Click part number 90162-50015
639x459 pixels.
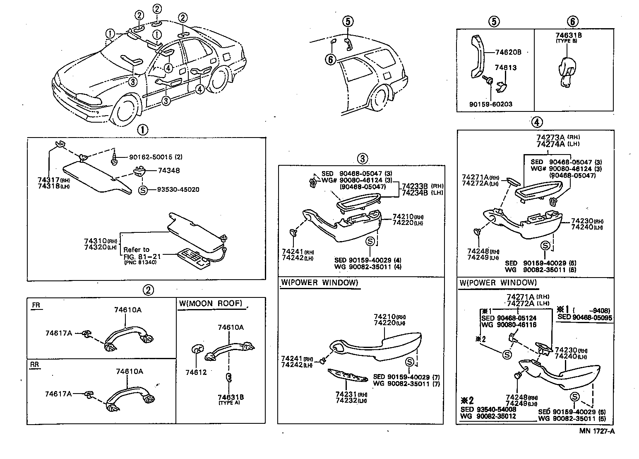click(150, 157)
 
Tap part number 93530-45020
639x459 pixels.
click(178, 190)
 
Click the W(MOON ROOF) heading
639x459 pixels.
click(210, 303)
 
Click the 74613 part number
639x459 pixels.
click(506, 68)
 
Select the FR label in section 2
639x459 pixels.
click(36, 306)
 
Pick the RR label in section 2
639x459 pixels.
click(36, 365)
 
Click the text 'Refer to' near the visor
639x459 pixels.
click(136, 250)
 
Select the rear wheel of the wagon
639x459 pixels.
click(380, 98)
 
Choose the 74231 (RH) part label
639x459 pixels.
click(346, 394)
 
